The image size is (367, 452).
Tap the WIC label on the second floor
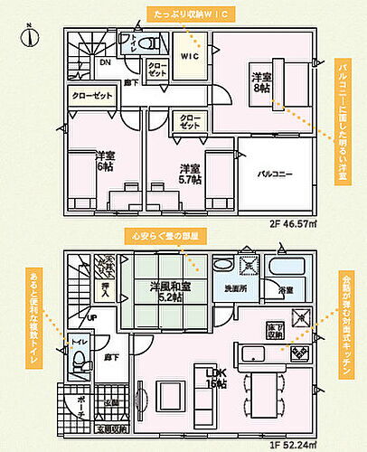point(190,55)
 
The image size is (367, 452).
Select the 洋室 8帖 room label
point(260,84)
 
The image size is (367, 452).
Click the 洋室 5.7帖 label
point(189,174)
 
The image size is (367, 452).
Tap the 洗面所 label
point(233,289)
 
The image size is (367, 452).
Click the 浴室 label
point(286,289)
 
